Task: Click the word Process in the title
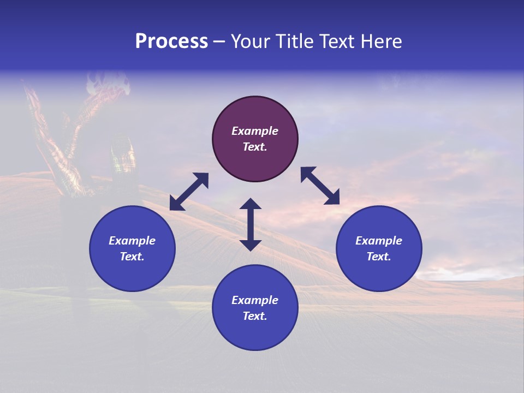tap(171, 41)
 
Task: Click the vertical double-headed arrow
tap(251, 224)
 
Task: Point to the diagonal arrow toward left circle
tap(189, 192)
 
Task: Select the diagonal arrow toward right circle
tap(320, 186)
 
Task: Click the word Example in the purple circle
tap(255, 131)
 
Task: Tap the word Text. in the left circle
tap(132, 257)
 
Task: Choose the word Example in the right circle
tap(379, 241)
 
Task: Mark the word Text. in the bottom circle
tap(255, 316)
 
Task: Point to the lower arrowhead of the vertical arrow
tap(251, 245)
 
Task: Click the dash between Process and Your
tap(219, 41)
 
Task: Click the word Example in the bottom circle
tap(255, 300)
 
